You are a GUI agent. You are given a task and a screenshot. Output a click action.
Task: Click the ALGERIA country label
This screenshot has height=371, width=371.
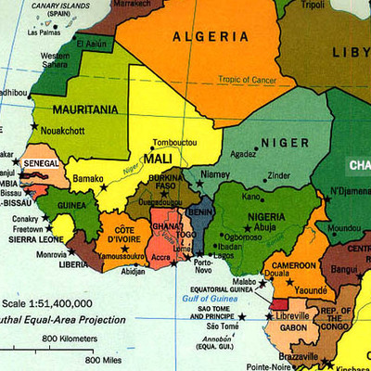point(211,36)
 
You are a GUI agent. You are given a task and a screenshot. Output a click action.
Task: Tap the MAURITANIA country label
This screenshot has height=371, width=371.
point(79,109)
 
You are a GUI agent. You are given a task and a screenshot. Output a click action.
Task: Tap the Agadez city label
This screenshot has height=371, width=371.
point(243,154)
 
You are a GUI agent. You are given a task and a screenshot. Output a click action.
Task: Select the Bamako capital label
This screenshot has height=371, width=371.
point(88,177)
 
